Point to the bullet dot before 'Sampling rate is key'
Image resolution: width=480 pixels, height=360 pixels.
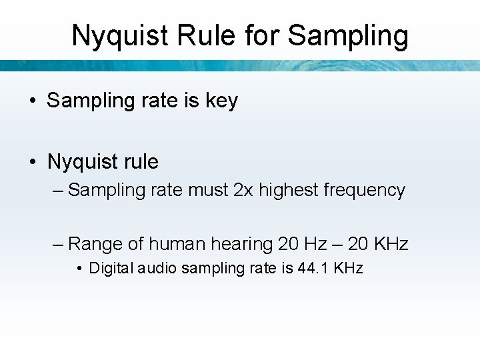tap(32, 101)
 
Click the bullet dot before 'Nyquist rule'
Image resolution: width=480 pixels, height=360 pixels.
tap(32, 162)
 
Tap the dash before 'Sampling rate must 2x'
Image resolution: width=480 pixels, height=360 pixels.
tap(57, 191)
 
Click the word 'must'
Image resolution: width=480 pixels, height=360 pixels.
tap(208, 190)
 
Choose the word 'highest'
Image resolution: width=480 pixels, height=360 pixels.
tap(288, 190)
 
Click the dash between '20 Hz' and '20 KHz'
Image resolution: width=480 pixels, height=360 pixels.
tap(337, 245)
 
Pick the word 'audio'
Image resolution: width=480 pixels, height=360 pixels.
tap(157, 269)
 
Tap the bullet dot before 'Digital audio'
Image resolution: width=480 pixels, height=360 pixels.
tap(79, 269)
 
